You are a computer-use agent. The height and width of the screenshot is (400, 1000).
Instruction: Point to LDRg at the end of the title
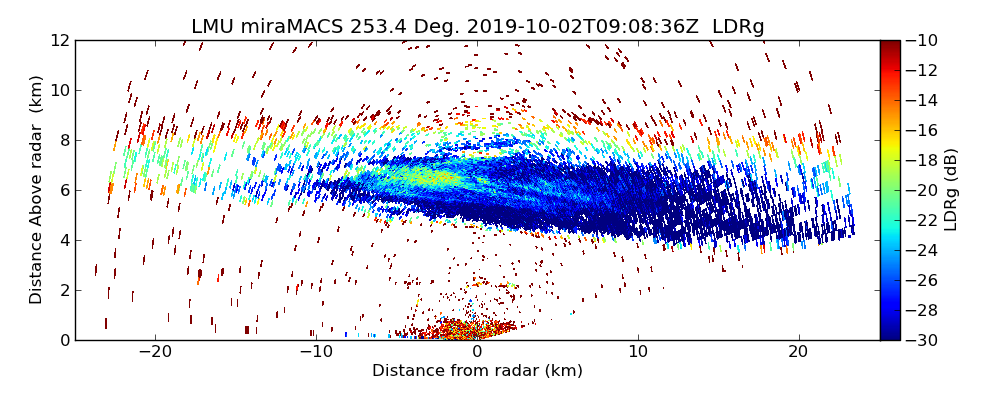tap(738, 27)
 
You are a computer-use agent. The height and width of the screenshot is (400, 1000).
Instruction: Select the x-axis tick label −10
tap(316, 352)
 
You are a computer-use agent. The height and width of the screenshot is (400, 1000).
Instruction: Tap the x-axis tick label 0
tap(477, 352)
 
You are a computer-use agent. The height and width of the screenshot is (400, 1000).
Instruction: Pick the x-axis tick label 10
tap(638, 352)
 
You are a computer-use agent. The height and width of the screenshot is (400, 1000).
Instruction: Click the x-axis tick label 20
tap(798, 352)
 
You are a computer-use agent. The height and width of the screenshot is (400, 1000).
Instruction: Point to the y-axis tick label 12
tap(59, 40)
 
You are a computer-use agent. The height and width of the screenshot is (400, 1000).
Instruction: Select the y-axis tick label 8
tap(63, 140)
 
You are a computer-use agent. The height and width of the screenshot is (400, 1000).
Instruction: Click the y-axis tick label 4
tap(63, 240)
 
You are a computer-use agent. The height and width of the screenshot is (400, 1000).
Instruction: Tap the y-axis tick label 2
tap(63, 290)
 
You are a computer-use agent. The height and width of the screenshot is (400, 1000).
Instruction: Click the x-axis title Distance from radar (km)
tap(477, 371)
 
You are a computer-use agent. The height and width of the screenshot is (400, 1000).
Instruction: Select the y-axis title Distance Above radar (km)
tap(37, 190)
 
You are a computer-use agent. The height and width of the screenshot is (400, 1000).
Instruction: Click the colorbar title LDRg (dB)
tap(951, 190)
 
